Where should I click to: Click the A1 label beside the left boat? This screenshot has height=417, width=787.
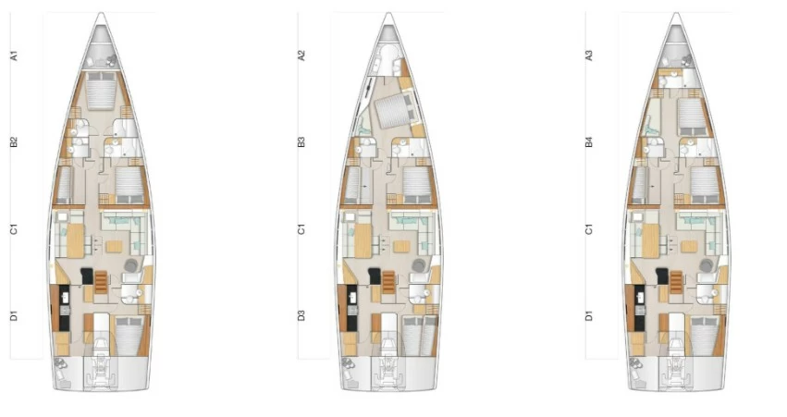point(14,55)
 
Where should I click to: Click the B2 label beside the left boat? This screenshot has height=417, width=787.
point(14,142)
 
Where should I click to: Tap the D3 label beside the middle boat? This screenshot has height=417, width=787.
point(301,315)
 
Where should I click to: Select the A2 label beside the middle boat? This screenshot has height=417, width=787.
point(301,55)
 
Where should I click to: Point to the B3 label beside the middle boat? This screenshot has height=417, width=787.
point(301,142)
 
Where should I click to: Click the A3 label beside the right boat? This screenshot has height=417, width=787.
point(589,55)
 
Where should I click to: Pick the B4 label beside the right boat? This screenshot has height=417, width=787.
point(589,142)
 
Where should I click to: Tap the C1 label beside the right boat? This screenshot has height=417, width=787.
point(589,229)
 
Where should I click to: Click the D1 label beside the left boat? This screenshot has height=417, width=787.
point(14,315)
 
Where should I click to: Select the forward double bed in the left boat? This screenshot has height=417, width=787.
point(102,91)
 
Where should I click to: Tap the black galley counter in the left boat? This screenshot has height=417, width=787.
point(64,308)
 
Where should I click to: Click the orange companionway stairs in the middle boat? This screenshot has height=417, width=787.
point(388,281)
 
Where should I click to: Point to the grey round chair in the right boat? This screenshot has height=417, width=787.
point(707,265)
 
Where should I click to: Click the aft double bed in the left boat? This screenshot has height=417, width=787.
point(129,336)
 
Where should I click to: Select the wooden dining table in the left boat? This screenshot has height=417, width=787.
point(75,240)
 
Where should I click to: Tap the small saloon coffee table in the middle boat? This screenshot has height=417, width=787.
point(401,246)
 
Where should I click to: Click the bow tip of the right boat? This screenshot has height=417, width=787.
point(676,13)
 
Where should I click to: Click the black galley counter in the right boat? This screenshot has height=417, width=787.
point(639,308)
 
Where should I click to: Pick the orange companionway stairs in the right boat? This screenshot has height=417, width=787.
point(677,281)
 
